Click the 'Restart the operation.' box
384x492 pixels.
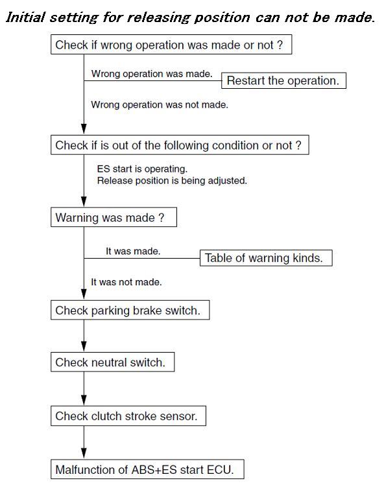(x=283, y=80)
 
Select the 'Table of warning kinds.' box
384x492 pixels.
(x=266, y=258)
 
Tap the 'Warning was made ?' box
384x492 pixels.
(x=114, y=217)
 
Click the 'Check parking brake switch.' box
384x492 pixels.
(x=130, y=310)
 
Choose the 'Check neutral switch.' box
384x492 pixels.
(x=112, y=362)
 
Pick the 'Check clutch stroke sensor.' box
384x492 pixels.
(x=128, y=416)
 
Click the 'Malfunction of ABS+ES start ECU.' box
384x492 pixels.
(x=147, y=469)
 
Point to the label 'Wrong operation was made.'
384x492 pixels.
(x=152, y=74)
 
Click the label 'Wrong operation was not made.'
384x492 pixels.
(x=160, y=104)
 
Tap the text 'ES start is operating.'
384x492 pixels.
(x=142, y=169)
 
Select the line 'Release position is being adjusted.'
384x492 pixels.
(x=172, y=181)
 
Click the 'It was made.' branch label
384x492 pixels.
(x=133, y=251)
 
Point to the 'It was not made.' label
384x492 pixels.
(x=126, y=282)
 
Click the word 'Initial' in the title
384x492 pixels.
(x=26, y=18)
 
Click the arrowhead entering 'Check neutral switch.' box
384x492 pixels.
(x=84, y=347)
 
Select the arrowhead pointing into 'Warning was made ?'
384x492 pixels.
(x=84, y=202)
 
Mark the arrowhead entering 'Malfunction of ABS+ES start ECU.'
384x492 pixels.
(x=84, y=454)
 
